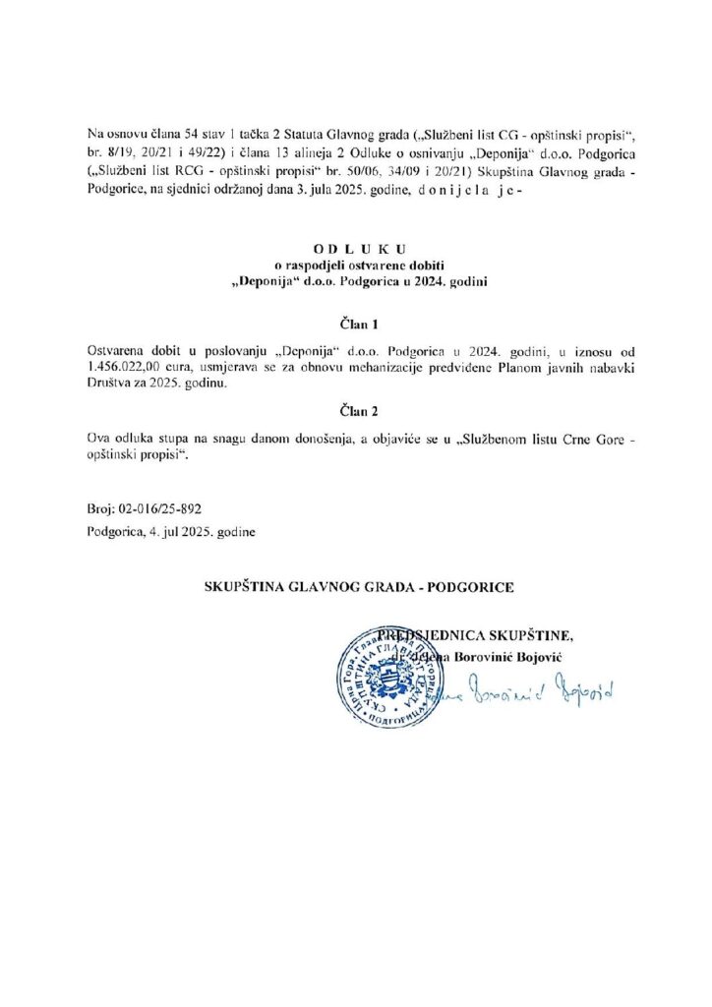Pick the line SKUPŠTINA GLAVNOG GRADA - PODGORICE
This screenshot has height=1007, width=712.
point(358,587)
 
